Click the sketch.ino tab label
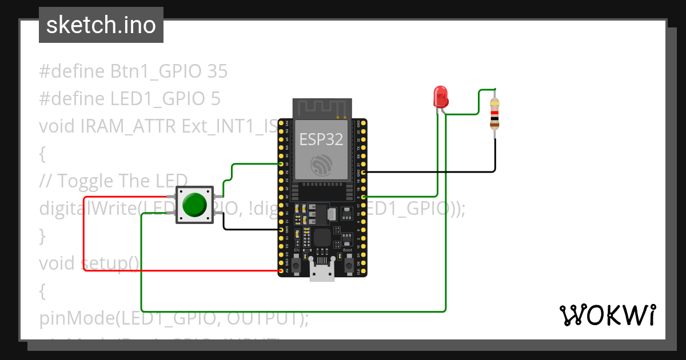click(x=101, y=25)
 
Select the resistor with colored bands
click(x=494, y=114)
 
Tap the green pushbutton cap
click(x=194, y=205)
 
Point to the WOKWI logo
click(x=607, y=315)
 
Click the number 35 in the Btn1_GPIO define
click(x=217, y=71)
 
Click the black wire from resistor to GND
click(x=434, y=171)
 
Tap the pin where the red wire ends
click(x=281, y=271)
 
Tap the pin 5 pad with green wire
click(x=364, y=197)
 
